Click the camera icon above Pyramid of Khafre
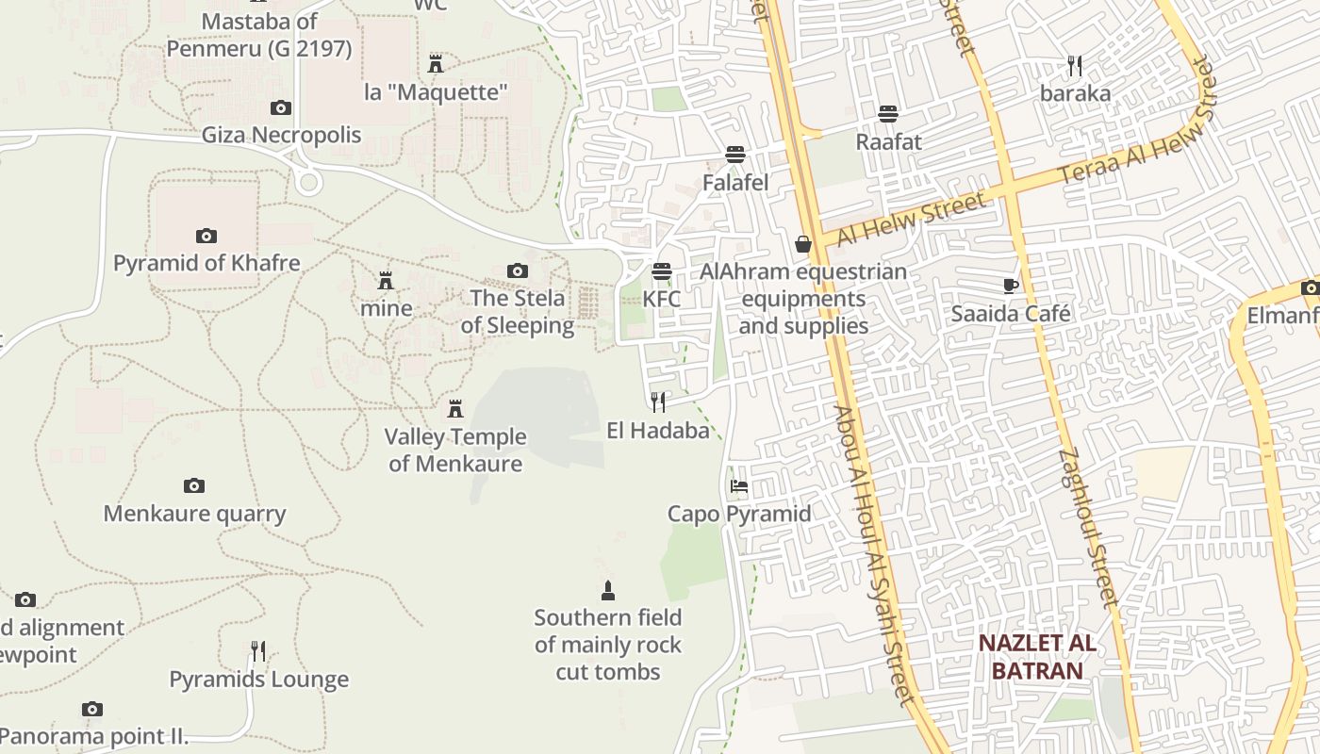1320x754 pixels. pyautogui.click(x=206, y=236)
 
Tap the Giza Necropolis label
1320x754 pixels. pyautogui.click(x=281, y=135)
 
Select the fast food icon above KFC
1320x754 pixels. pyautogui.click(x=662, y=271)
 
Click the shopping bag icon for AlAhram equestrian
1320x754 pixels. pyautogui.click(x=803, y=245)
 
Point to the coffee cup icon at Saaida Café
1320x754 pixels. pyautogui.click(x=1011, y=286)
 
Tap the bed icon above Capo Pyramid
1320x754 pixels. pyautogui.click(x=739, y=486)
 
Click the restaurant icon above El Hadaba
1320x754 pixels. pyautogui.click(x=658, y=402)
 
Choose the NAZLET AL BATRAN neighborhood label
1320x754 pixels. pyautogui.click(x=1036, y=657)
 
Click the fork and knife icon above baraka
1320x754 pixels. pyautogui.click(x=1075, y=65)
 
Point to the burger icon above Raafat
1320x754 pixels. pyautogui.click(x=888, y=114)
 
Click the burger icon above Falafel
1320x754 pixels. pyautogui.click(x=735, y=155)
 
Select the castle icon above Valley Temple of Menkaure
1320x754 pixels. pyautogui.click(x=455, y=409)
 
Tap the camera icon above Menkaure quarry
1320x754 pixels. pyautogui.click(x=194, y=486)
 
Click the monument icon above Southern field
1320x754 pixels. pyautogui.click(x=608, y=591)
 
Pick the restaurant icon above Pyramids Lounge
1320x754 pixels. pyautogui.click(x=258, y=651)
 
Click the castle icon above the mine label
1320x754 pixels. pyautogui.click(x=386, y=281)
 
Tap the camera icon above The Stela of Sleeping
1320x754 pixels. pyautogui.click(x=517, y=271)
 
